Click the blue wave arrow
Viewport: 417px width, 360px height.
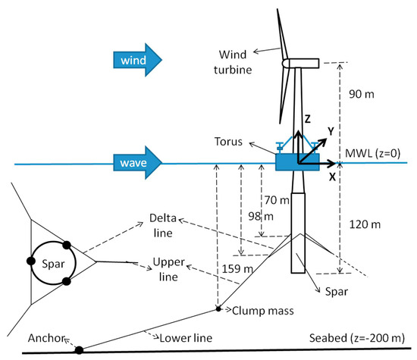(x=136, y=161)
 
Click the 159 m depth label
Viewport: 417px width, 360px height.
(x=228, y=268)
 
